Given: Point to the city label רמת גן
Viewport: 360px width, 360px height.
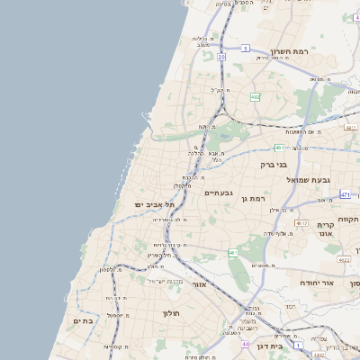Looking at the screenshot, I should coord(258,198).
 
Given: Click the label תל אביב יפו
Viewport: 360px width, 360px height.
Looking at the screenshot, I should coord(151,205).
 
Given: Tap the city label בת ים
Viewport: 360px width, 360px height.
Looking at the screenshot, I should coord(84,320).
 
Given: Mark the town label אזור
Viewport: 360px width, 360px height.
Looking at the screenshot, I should coord(200,284).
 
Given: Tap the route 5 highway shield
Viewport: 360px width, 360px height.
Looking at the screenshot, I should coord(245,48).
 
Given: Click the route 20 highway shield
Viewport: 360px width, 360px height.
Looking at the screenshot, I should coord(220,57).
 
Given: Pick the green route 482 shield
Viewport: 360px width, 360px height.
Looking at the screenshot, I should coord(256,97).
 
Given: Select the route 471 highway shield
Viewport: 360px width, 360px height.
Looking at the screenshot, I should coord(346,194).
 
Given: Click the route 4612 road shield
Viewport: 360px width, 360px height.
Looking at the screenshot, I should coord(301,223).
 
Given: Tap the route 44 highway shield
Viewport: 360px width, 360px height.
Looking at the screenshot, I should coord(245,344).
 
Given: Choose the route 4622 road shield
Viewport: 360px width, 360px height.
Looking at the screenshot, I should coord(344,259).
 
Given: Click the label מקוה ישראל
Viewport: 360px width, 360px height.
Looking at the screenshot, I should coord(165,281).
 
